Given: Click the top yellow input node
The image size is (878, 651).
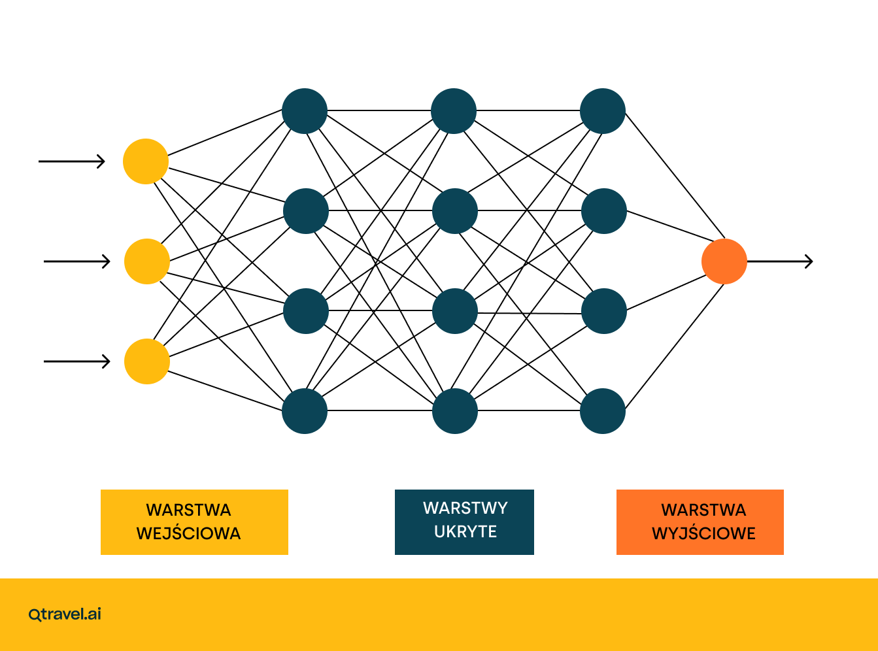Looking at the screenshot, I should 146,161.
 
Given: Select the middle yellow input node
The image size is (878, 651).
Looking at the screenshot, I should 147,261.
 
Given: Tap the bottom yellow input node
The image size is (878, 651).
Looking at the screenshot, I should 147,361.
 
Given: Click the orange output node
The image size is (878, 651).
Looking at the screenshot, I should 724,261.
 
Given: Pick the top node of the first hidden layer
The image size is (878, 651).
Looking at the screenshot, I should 305,111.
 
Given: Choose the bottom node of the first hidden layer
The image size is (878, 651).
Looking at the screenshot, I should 305,411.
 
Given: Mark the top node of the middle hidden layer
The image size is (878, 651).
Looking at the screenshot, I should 454,111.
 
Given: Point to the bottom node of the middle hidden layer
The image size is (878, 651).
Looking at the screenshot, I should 455,411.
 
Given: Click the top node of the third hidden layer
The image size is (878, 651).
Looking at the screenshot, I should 603,111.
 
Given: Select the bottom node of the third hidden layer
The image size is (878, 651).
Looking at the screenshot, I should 603,411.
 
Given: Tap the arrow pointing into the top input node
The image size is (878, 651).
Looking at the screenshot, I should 72,161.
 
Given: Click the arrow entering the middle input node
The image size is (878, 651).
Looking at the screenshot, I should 77,261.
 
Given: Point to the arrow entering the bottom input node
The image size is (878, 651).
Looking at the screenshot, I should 77,361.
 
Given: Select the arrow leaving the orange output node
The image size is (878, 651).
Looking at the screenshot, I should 780,261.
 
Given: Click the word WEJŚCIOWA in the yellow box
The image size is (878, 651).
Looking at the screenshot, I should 189,533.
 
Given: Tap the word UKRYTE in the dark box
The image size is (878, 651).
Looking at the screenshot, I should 465,531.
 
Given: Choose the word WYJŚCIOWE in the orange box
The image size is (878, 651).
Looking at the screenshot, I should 703,533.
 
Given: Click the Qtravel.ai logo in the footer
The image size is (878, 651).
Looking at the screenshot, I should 65,614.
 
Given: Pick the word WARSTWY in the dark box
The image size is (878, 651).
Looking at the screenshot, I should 465,508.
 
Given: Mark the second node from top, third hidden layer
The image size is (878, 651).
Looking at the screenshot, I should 604,211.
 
